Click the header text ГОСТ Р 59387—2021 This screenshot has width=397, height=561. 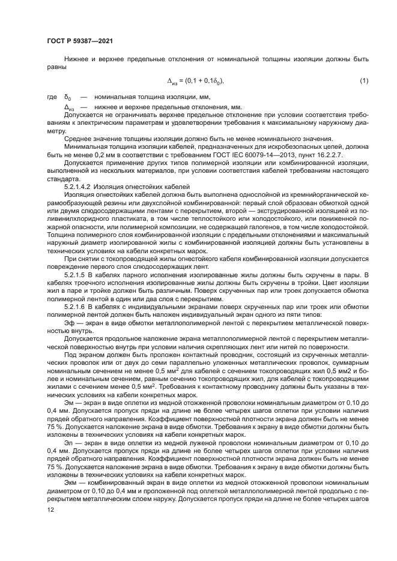click(79, 40)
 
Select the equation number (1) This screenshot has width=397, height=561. click(363, 80)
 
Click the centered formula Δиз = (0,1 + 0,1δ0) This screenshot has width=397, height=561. click(199, 80)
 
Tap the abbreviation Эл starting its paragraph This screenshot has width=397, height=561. click(68, 442)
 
